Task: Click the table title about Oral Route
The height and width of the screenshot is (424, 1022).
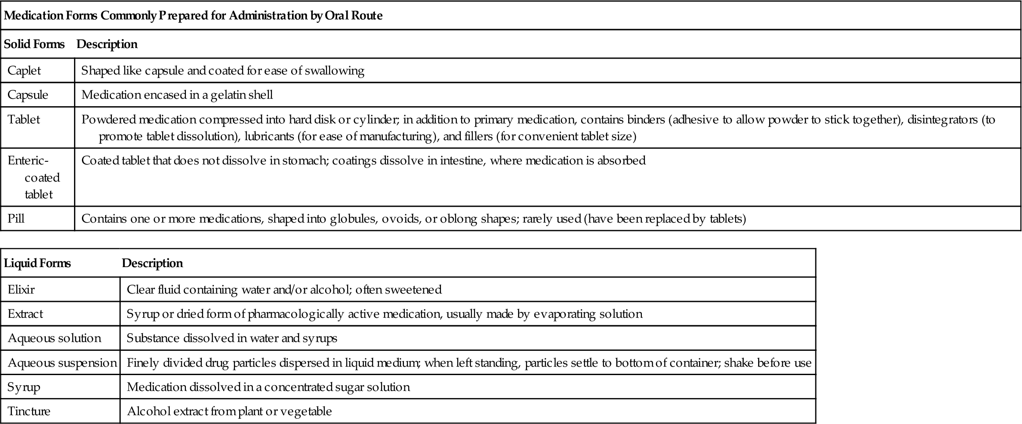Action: (x=193, y=16)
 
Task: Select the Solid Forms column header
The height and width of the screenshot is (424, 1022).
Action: (x=34, y=44)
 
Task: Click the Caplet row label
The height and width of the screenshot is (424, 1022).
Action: (x=24, y=71)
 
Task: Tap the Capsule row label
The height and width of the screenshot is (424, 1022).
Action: (x=28, y=95)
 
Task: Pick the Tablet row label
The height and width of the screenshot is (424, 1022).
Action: (x=24, y=119)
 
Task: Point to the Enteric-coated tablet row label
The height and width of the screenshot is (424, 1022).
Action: (x=34, y=177)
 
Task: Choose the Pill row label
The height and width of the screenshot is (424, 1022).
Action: (x=16, y=219)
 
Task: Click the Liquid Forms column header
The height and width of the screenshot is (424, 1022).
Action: (x=37, y=263)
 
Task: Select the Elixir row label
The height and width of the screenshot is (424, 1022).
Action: (x=21, y=290)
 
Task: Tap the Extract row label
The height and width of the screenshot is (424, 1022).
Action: (x=26, y=314)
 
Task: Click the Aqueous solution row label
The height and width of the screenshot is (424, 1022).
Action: (x=55, y=338)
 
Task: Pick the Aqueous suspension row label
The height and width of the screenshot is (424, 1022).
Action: (x=62, y=363)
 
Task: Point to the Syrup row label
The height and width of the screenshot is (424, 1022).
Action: (x=24, y=387)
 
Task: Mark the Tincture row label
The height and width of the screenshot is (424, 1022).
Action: (x=29, y=411)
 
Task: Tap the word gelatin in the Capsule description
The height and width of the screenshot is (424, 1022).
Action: (x=222, y=95)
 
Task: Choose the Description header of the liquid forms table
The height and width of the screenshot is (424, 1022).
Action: (x=152, y=263)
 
